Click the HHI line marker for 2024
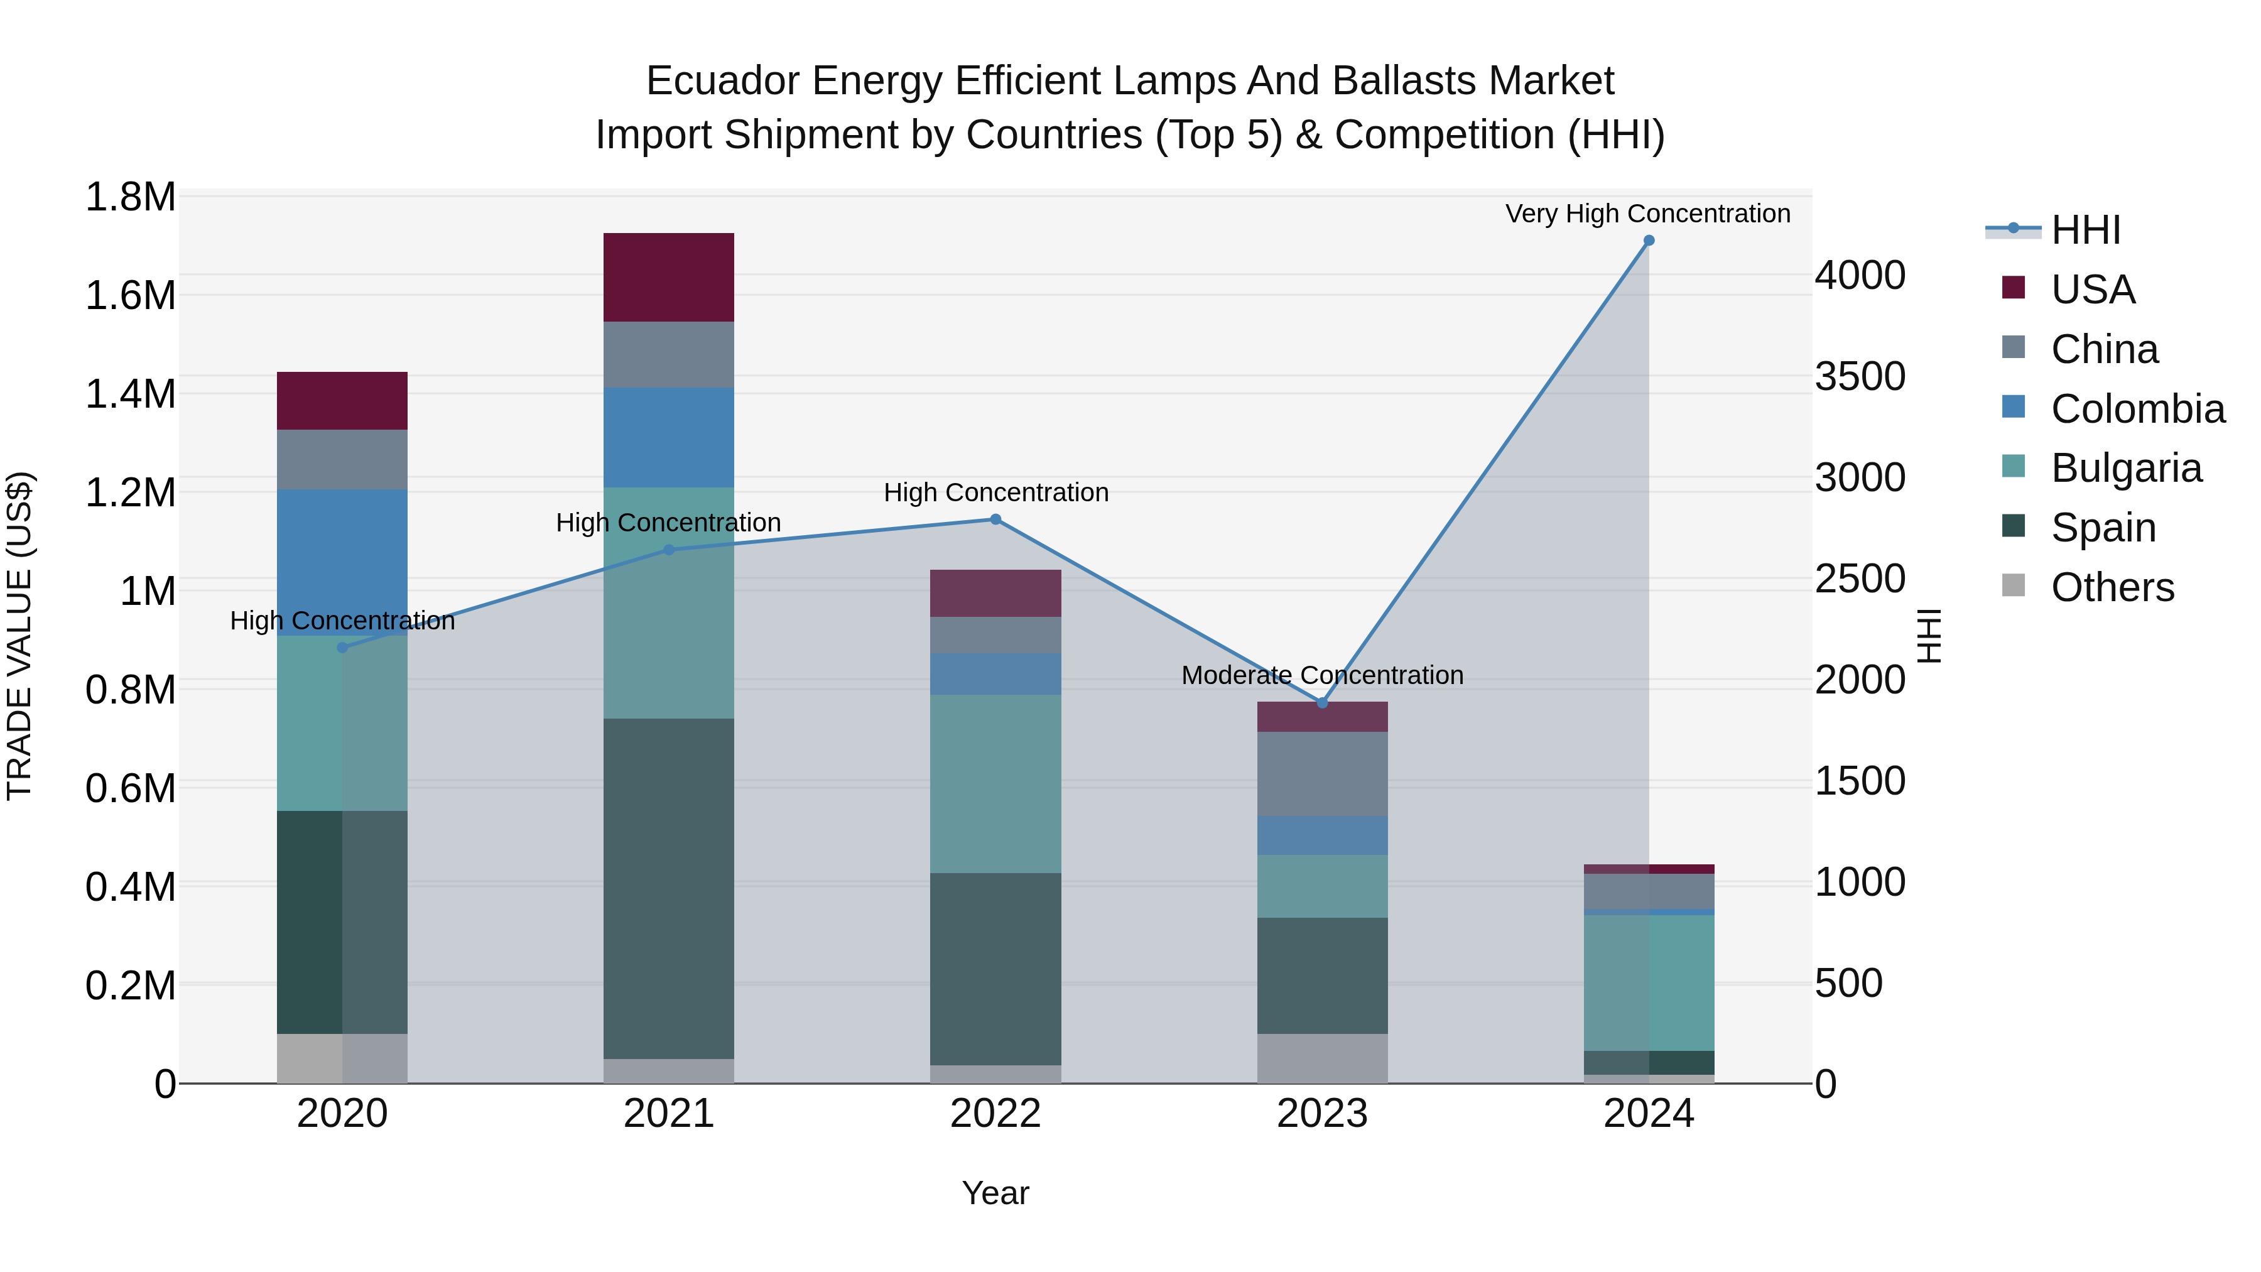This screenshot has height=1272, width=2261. pyautogui.click(x=1649, y=241)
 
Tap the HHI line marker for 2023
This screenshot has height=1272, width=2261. pyautogui.click(x=1323, y=703)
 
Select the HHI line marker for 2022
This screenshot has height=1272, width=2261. pyautogui.click(x=995, y=519)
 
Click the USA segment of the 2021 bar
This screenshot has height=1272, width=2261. pyautogui.click(x=669, y=278)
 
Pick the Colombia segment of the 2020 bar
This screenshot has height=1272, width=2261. pyautogui.click(x=342, y=562)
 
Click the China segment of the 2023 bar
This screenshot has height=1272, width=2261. pyautogui.click(x=1323, y=775)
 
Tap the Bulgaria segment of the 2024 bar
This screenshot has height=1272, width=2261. pyautogui.click(x=1649, y=982)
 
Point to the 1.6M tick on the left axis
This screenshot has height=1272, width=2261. pyautogui.click(x=131, y=296)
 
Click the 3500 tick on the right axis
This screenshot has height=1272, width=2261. pyautogui.click(x=1860, y=377)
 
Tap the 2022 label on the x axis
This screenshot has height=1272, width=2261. pyautogui.click(x=995, y=1114)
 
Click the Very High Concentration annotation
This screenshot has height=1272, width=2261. pyautogui.click(x=1647, y=214)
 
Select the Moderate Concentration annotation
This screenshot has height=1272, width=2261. pyautogui.click(x=1322, y=675)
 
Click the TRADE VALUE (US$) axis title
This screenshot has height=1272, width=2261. pyautogui.click(x=19, y=636)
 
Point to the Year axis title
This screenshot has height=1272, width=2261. pyautogui.click(x=995, y=1193)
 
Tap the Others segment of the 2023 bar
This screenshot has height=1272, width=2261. pyautogui.click(x=1323, y=1058)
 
